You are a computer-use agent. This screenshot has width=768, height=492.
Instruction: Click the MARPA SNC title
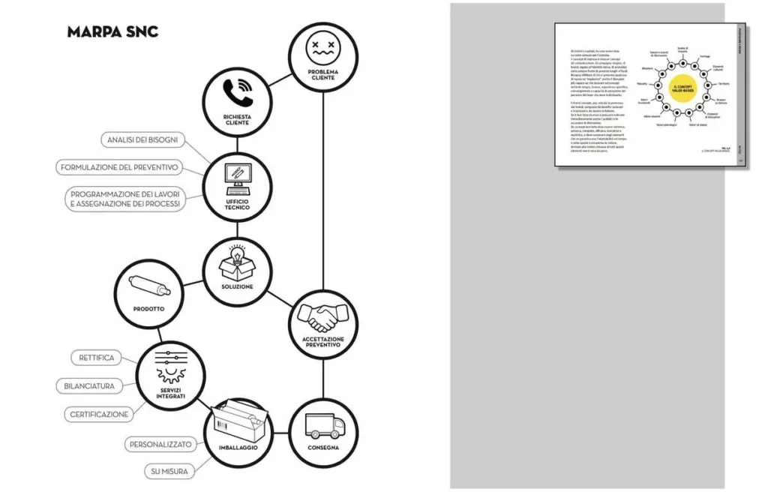(112, 31)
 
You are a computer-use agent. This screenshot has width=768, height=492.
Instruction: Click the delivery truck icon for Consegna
(323, 425)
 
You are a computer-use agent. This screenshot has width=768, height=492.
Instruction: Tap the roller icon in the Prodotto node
(148, 286)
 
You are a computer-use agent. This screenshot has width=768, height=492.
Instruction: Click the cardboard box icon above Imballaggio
(237, 421)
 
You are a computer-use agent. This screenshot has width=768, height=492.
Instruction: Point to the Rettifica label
(97, 358)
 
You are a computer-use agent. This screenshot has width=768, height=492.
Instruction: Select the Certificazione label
(100, 414)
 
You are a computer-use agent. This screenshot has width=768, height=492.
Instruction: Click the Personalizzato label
(160, 444)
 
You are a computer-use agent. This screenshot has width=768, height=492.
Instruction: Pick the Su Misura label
(168, 472)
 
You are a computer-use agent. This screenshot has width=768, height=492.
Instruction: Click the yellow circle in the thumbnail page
(683, 88)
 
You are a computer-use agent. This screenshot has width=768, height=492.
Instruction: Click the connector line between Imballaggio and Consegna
(280, 433)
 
